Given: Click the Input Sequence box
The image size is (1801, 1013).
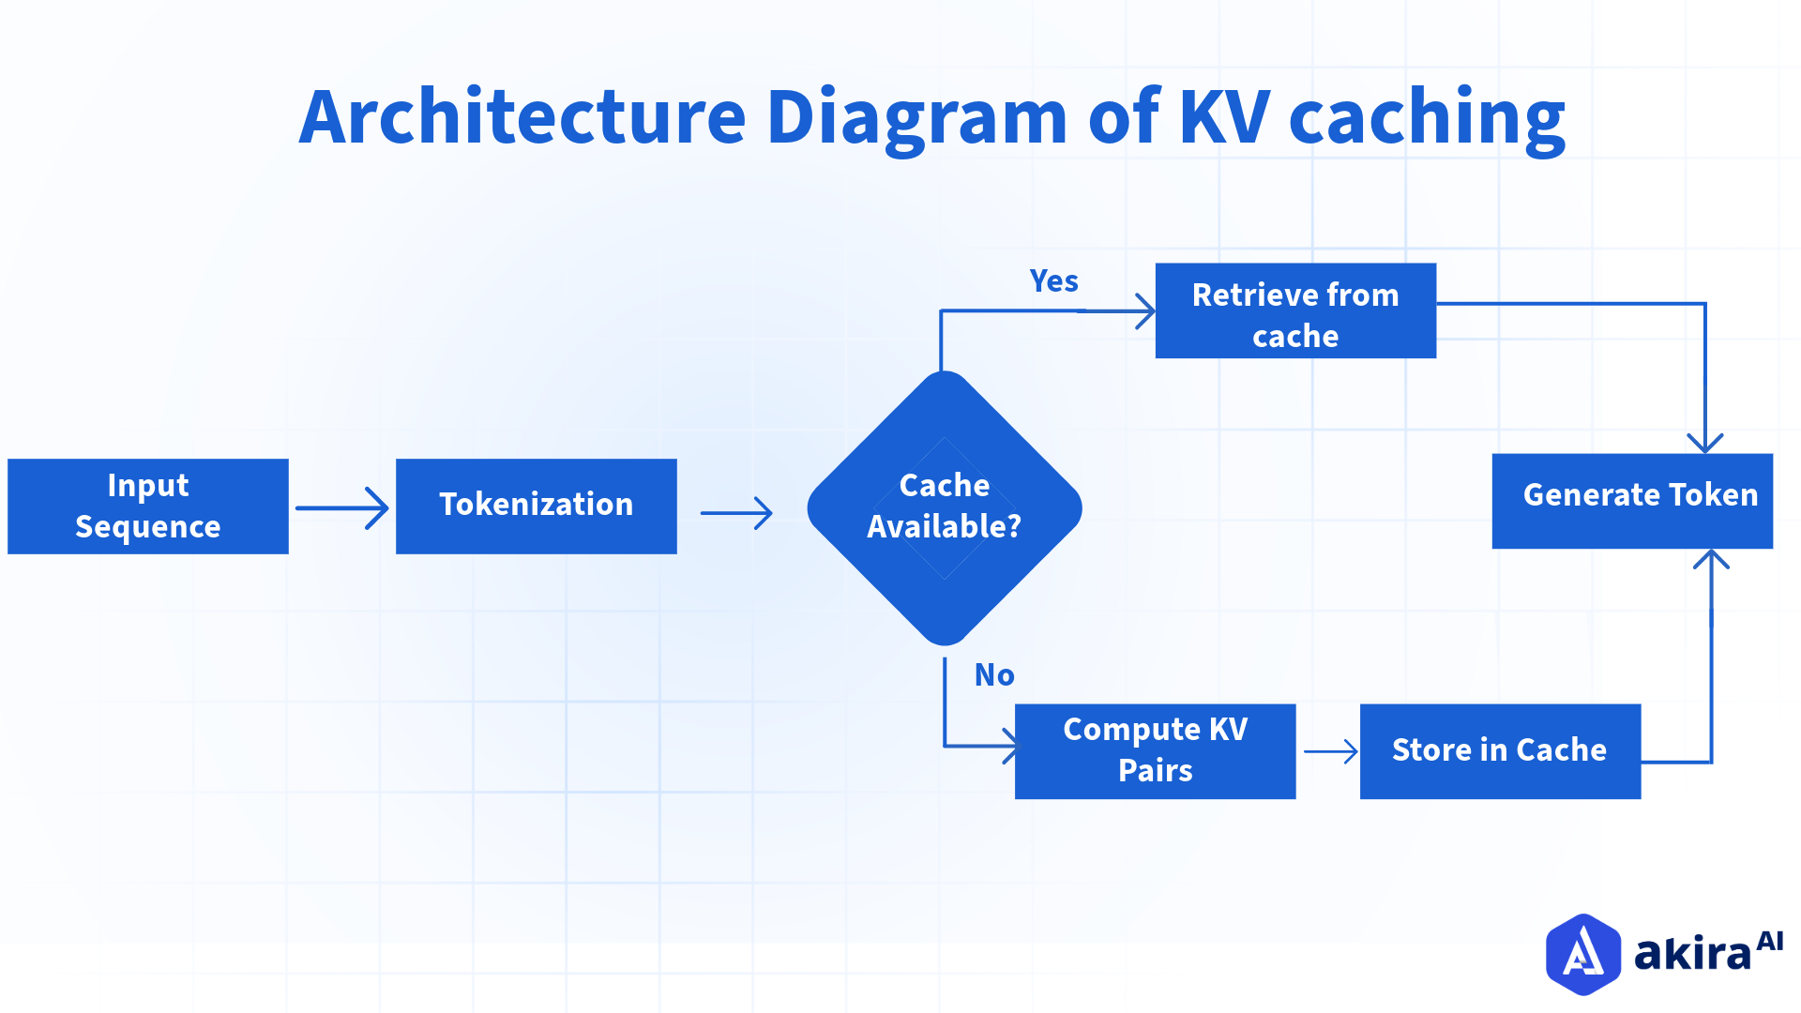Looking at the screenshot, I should point(148,506).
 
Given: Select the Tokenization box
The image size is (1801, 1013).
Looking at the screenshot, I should point(536,506).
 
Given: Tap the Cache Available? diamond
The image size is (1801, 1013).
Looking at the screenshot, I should point(945,507).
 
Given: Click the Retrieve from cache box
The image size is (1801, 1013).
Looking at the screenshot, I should point(1295,311).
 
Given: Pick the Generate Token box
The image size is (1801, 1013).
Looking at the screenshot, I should point(1632,501).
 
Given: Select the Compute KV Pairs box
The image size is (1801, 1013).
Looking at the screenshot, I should point(1155,751).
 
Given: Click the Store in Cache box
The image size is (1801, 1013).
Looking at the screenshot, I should point(1500,751).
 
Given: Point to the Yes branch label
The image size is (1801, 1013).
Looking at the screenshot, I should point(1053,281).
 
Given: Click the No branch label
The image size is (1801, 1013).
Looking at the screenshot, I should point(994,675).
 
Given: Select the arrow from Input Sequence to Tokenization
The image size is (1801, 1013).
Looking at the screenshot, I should point(342,508).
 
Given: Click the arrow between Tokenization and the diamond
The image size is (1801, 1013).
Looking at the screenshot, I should point(736,513).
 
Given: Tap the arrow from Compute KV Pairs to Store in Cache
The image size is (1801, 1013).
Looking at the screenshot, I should point(1330,751).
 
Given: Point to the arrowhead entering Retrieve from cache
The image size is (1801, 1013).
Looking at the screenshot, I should point(1145,311).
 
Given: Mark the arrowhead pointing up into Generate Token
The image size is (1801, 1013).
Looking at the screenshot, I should point(1711,560).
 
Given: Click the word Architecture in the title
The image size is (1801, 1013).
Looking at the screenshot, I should point(522,117).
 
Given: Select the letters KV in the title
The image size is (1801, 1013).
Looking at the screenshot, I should point(1224,117).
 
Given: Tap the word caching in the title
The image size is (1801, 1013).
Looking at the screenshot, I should point(1427,120).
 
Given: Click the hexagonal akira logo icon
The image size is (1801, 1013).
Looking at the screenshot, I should point(1582,954).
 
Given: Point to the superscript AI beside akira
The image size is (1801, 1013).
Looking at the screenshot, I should point(1769,941).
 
